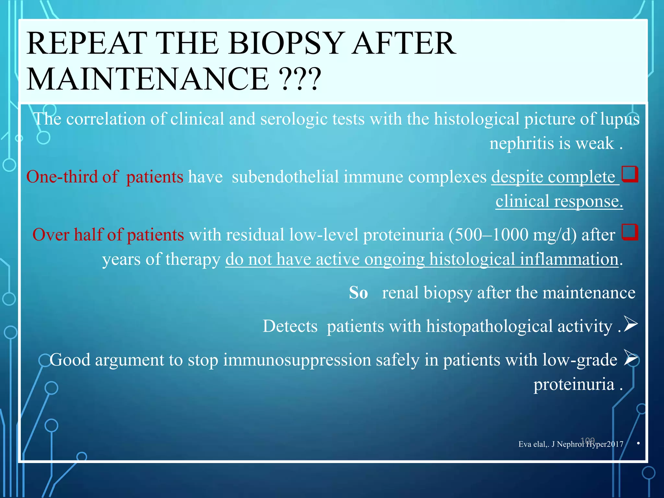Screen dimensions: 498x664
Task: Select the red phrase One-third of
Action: coord(72,177)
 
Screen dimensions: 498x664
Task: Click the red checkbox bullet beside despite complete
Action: coord(630,174)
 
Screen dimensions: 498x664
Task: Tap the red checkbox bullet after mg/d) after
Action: coord(630,232)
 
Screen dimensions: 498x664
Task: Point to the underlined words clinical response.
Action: coord(559,201)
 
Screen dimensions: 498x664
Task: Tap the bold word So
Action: coord(358,293)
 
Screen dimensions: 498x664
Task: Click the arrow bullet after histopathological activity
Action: coord(630,324)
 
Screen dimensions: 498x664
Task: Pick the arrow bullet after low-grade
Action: coord(630,358)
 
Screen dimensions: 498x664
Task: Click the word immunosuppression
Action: coord(297,360)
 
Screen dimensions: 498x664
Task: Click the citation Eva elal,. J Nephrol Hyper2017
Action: coord(571,444)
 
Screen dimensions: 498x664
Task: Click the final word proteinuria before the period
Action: coord(574,385)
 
